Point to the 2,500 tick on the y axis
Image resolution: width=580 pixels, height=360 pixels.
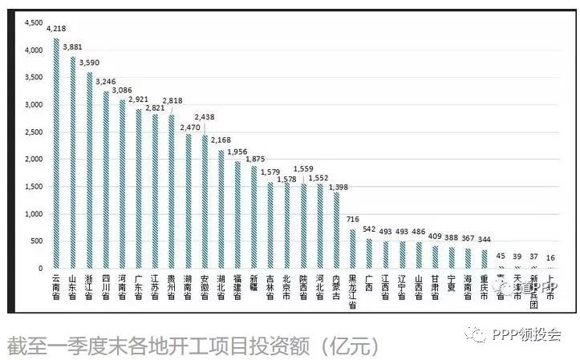pos(32,132)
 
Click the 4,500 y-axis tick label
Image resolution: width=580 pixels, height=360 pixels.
pos(32,23)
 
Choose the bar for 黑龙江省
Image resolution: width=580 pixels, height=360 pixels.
pos(353,249)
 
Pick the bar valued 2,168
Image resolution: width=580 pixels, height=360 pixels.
pos(221,208)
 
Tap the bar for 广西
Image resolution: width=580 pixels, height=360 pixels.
pos(369,253)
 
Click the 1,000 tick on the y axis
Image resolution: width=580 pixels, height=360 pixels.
pos(32,214)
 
